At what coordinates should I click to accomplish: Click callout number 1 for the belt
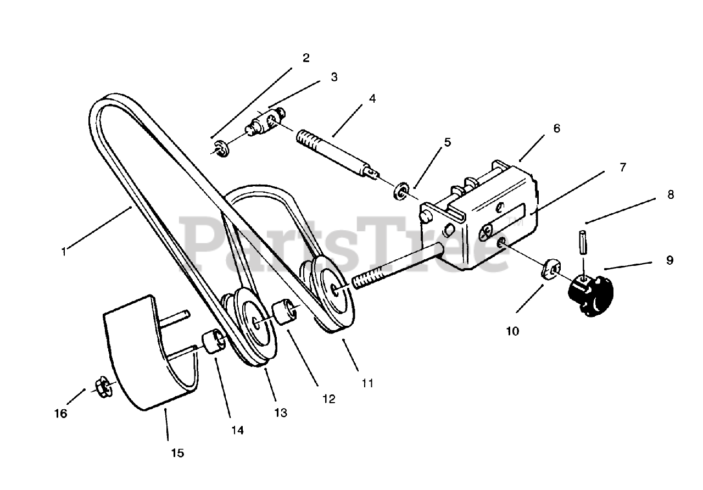click(64, 252)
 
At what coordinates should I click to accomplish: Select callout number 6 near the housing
click(556, 128)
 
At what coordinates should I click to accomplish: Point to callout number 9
click(669, 260)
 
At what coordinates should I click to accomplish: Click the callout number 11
click(367, 383)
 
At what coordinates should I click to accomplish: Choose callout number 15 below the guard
click(177, 453)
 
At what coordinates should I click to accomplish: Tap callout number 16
click(61, 413)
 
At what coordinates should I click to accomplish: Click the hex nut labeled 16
click(102, 387)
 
